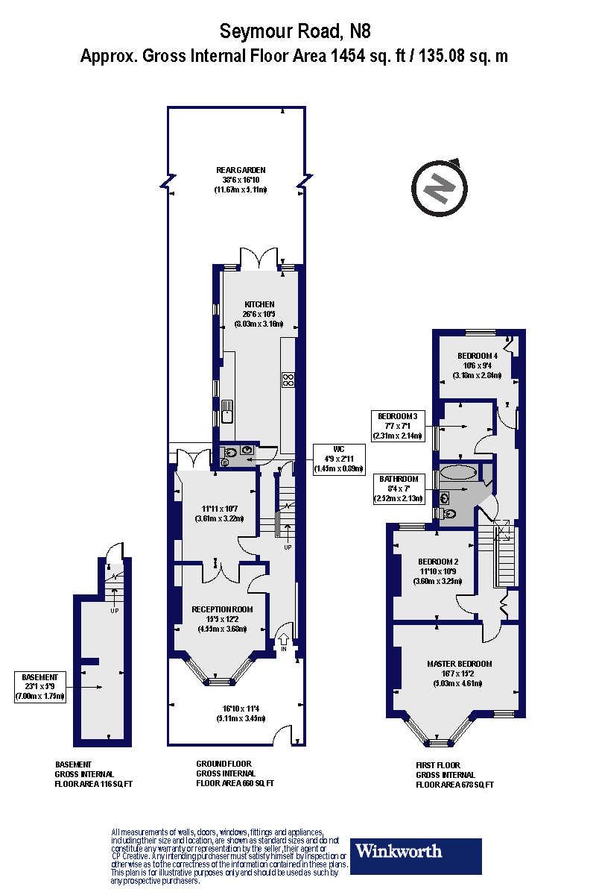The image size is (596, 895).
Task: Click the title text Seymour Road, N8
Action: click(294, 31)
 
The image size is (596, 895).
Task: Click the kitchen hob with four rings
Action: click(288, 380)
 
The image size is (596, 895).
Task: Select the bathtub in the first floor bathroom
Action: click(460, 472)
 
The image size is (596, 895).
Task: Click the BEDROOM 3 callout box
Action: click(401, 425)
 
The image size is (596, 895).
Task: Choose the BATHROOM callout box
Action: click(401, 488)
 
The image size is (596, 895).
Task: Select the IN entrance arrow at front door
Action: click(284, 642)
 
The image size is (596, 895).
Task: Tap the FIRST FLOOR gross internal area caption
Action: click(454, 774)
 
